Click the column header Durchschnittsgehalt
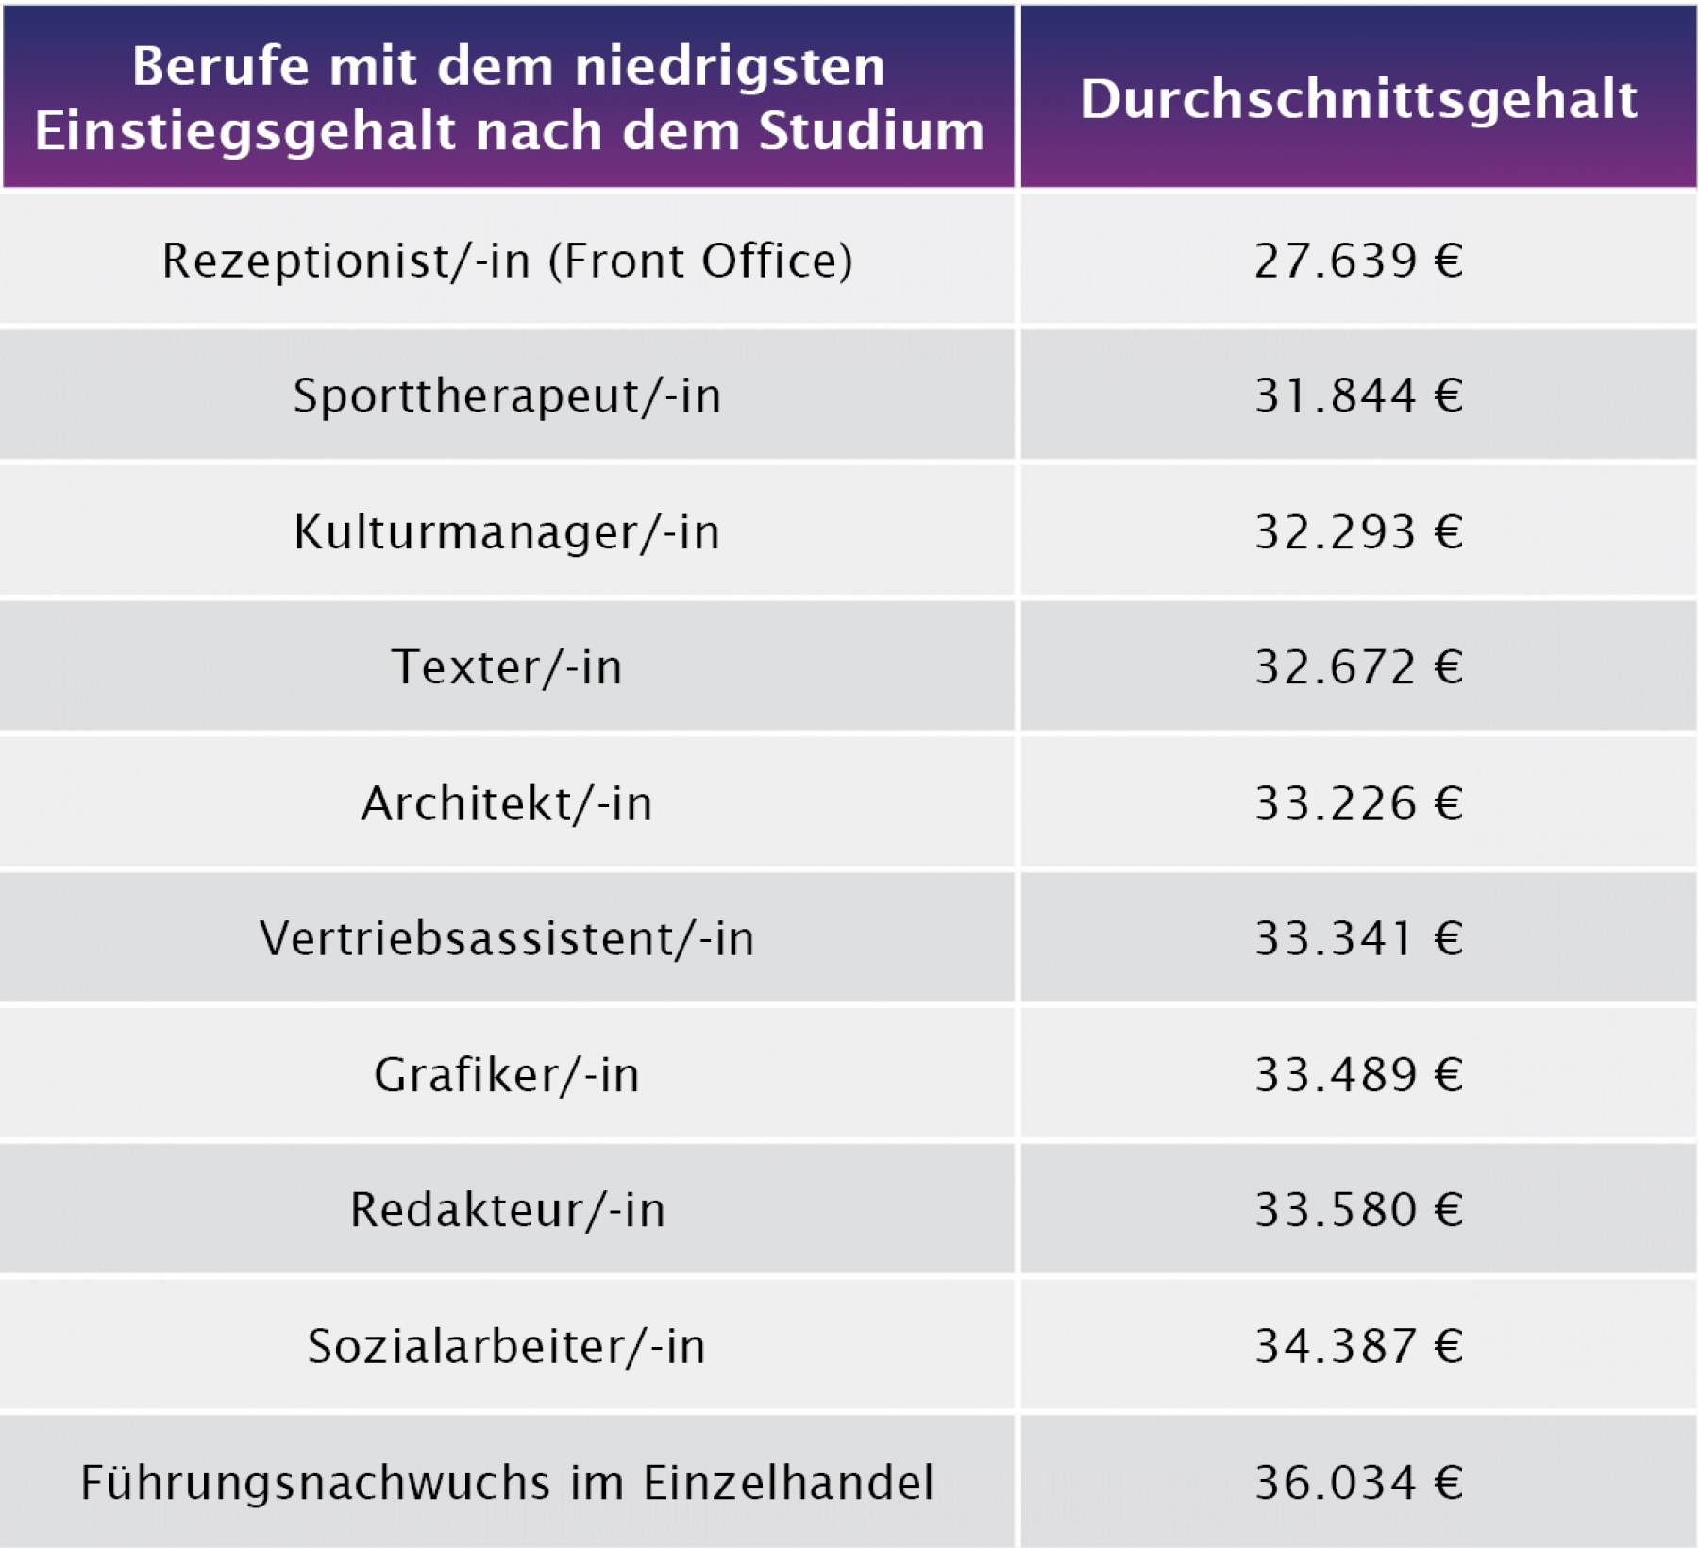point(1358,99)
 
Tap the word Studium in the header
point(871,130)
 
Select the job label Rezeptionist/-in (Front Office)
point(507,261)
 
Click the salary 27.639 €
point(1358,261)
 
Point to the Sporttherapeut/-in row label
point(507,396)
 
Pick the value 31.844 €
point(1358,396)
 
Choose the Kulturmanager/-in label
point(507,532)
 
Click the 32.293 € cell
point(1358,532)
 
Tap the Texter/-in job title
point(507,667)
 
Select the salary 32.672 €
point(1358,667)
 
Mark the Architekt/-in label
point(507,804)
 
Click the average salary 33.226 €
point(1358,804)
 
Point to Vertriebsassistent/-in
point(507,939)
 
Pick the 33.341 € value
point(1358,939)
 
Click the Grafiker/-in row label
point(507,1075)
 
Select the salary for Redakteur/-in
point(1358,1210)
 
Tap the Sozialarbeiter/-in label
point(507,1346)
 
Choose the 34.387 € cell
point(1358,1346)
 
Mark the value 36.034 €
point(1358,1482)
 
